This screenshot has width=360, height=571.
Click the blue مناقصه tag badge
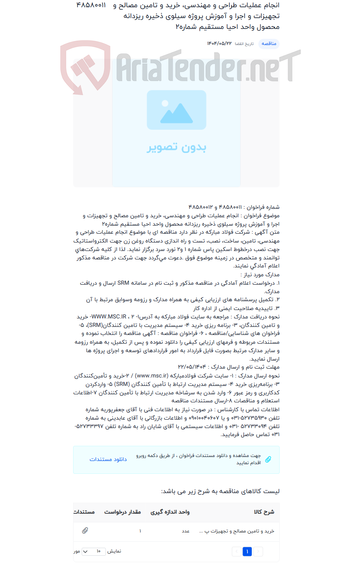[x=269, y=44]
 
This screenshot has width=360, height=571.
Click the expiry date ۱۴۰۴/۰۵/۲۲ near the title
[x=219, y=44]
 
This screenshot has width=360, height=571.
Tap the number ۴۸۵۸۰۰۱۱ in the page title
[x=92, y=6]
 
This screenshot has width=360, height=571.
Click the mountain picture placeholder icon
[x=176, y=110]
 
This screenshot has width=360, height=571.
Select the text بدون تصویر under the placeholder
[x=176, y=147]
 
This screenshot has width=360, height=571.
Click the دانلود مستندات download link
[x=108, y=459]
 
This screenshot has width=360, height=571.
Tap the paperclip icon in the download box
[x=268, y=459]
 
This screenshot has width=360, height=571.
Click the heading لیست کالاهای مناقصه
[x=220, y=491]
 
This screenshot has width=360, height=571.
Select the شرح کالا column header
[x=264, y=512]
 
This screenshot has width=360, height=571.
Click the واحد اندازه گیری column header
[x=170, y=512]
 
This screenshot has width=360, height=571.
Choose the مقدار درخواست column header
[x=123, y=512]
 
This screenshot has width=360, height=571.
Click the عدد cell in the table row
[x=186, y=531]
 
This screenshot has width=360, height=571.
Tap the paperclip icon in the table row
[x=85, y=531]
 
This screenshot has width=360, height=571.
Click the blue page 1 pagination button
[x=247, y=552]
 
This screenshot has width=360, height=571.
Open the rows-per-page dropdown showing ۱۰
[x=94, y=552]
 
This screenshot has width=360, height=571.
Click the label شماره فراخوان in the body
[x=263, y=207]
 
